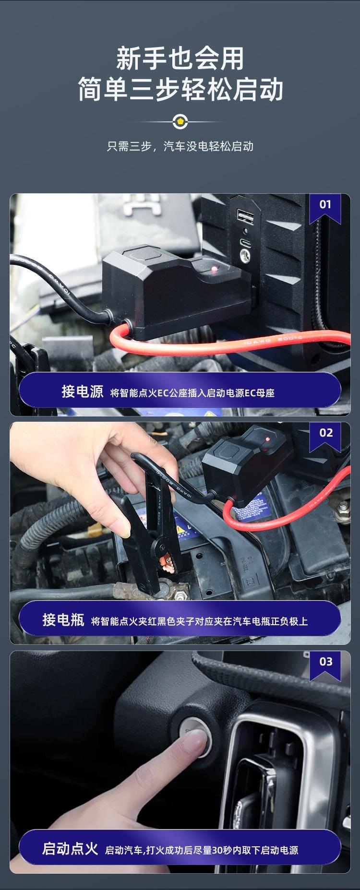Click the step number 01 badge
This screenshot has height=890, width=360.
(x=325, y=205)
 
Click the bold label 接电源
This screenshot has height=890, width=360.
(x=82, y=392)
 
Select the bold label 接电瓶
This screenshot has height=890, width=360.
(x=63, y=620)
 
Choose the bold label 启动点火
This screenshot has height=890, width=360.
(x=70, y=849)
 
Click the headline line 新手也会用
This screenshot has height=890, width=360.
(x=180, y=59)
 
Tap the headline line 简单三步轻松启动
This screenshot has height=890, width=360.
(x=180, y=89)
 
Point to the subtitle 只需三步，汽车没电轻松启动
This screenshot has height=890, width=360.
(x=180, y=146)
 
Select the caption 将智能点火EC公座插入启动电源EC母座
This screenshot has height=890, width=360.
(x=192, y=393)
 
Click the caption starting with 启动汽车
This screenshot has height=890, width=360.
(x=202, y=850)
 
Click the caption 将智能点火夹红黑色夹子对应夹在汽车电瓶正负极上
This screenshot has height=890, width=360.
(x=200, y=621)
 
